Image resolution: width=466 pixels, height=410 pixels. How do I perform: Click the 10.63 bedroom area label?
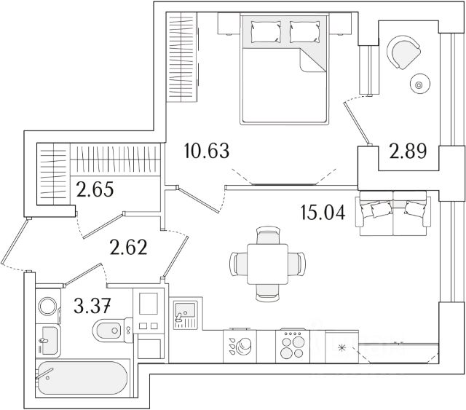tap(208, 152)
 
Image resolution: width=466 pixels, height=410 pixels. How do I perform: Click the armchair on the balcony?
tap(405, 52)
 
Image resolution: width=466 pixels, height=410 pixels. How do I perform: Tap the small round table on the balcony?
tap(419, 84)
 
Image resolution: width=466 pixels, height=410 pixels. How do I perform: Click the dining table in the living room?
tap(266, 262)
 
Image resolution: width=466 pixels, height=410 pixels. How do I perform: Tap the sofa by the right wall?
tap(393, 212)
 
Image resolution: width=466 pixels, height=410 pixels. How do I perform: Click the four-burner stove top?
tap(294, 344)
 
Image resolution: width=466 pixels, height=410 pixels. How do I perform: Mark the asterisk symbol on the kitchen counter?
tap(340, 347)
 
